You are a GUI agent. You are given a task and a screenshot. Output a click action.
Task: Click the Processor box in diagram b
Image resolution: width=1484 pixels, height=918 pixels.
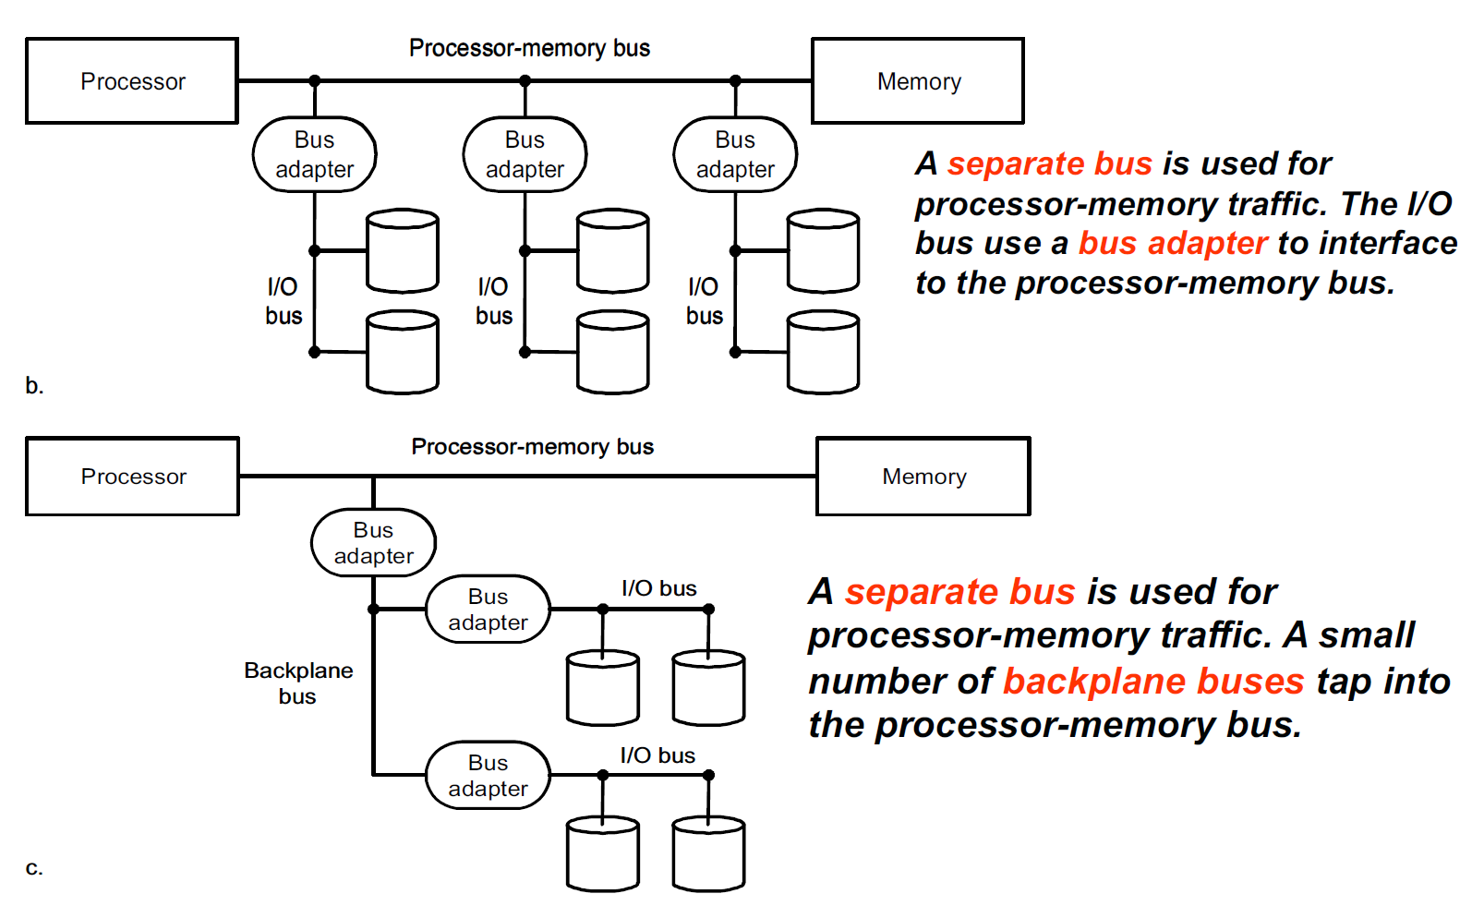click(x=132, y=81)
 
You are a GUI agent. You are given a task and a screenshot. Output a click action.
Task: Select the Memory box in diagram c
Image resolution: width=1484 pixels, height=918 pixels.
click(x=923, y=477)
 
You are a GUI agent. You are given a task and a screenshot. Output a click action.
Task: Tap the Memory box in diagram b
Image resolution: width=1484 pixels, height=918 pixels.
click(x=918, y=81)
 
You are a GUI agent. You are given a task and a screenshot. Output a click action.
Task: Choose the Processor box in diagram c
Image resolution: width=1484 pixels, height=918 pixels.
click(x=133, y=477)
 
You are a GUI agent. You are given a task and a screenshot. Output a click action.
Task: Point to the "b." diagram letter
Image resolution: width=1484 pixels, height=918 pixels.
click(x=34, y=386)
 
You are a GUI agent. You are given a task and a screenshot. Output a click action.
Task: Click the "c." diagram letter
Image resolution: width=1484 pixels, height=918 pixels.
click(x=34, y=868)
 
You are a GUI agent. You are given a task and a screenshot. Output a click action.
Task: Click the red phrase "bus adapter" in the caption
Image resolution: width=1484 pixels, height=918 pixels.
click(x=1173, y=243)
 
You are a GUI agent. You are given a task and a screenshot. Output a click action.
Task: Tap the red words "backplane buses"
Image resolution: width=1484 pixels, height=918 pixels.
click(x=1153, y=682)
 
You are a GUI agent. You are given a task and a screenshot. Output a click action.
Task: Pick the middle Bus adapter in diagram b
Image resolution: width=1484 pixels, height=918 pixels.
click(x=525, y=154)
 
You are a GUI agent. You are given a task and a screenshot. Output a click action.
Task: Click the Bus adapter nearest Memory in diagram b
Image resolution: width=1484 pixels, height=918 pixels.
click(x=735, y=154)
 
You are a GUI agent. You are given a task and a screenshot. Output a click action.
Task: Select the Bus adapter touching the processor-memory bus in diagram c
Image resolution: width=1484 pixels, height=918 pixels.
click(x=373, y=543)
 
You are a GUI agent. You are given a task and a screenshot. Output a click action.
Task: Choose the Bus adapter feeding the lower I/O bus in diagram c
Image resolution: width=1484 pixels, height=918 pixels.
click(x=488, y=776)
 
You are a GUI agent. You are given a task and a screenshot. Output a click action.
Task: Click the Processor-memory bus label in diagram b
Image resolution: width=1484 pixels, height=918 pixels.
click(x=529, y=48)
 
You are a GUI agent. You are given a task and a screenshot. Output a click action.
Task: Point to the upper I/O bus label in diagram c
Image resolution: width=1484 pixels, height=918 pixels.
click(x=658, y=588)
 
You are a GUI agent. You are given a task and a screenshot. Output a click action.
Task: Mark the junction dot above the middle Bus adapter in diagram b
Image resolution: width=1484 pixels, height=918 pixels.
click(x=525, y=81)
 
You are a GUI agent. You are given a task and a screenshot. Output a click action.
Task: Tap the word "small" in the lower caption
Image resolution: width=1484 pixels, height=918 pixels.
click(x=1366, y=635)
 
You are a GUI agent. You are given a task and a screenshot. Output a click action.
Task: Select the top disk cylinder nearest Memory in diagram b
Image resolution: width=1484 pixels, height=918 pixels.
click(x=823, y=250)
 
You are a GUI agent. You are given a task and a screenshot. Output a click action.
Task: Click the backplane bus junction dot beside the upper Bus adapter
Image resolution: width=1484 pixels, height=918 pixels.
click(x=373, y=610)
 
